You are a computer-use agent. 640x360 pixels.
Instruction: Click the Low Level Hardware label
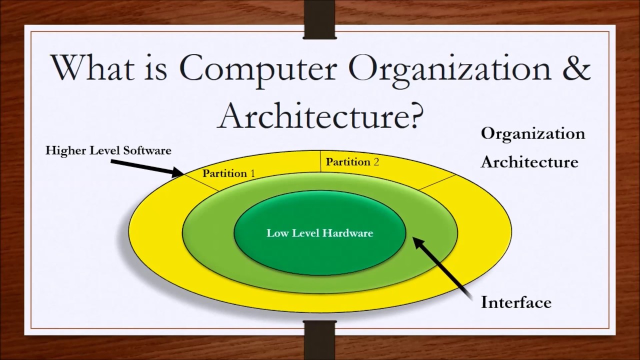[320, 233]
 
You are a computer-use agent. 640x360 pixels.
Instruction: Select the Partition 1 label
[228, 173]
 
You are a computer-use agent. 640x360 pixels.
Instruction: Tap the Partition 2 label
[352, 161]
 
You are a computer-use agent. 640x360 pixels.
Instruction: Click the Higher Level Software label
[108, 150]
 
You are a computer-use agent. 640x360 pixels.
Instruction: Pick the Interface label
[516, 302]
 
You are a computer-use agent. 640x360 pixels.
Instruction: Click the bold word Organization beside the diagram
[532, 133]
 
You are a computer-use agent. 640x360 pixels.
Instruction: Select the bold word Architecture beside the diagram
[529, 162]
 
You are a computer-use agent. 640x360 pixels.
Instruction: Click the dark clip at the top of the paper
[320, 19]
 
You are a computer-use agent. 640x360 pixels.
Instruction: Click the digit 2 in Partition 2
[376, 161]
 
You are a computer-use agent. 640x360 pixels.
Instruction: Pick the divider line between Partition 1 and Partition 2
[320, 161]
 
